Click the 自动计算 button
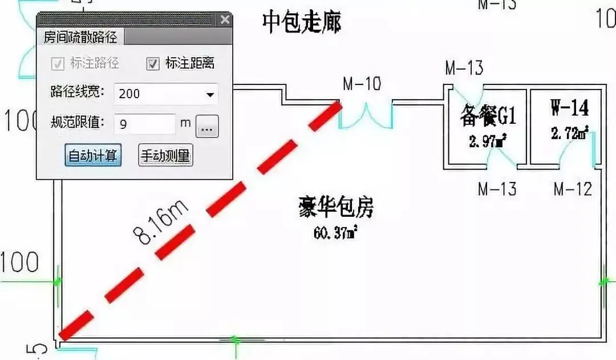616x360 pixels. [93, 156]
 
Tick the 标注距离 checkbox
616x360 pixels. [153, 63]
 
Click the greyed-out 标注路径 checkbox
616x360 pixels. [58, 63]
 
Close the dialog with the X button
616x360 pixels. [225, 20]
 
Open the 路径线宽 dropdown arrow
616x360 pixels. [210, 94]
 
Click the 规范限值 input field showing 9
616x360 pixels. [145, 124]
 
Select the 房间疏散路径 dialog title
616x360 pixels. [80, 38]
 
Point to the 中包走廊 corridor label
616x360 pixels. [302, 23]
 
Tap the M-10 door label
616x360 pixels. [362, 84]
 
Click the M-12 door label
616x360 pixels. [573, 188]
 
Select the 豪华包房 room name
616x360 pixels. [336, 208]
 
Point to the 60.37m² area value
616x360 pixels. [335, 233]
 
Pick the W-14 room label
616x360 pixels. [570, 108]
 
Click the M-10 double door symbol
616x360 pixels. [366, 114]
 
